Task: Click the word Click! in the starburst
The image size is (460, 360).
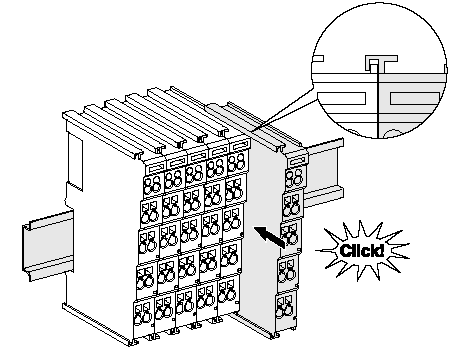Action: (361, 251)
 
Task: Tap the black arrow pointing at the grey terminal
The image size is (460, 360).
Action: (270, 237)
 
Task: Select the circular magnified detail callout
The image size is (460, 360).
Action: (379, 71)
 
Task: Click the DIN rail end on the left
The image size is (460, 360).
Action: (48, 245)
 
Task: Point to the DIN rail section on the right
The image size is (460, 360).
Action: (324, 173)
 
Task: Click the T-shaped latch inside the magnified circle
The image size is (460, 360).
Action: (381, 64)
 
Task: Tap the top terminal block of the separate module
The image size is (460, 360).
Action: (295, 177)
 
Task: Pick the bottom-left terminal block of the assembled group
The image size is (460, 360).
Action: (144, 315)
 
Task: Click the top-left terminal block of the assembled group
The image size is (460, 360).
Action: (153, 184)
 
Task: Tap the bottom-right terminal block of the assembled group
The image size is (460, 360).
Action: (229, 293)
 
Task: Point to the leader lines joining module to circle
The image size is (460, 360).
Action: (283, 109)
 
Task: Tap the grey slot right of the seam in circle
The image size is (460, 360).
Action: (415, 98)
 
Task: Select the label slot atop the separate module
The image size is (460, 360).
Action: (297, 161)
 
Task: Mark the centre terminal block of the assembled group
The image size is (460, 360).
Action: (191, 231)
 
